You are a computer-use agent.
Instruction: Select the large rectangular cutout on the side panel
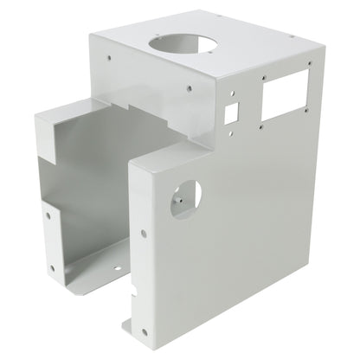coord(284,93)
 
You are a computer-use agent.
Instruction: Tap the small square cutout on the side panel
coord(233,113)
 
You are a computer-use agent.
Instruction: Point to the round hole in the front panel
coord(185,197)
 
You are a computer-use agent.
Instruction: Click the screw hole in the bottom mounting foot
coord(130,328)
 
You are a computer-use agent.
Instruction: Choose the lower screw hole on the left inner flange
coord(52,267)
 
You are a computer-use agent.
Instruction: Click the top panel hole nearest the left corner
coord(109,58)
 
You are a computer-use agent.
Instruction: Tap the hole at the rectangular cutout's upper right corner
coord(305,66)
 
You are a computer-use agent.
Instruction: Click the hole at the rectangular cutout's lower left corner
coord(261,127)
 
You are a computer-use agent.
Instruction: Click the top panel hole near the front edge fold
coord(189,87)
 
